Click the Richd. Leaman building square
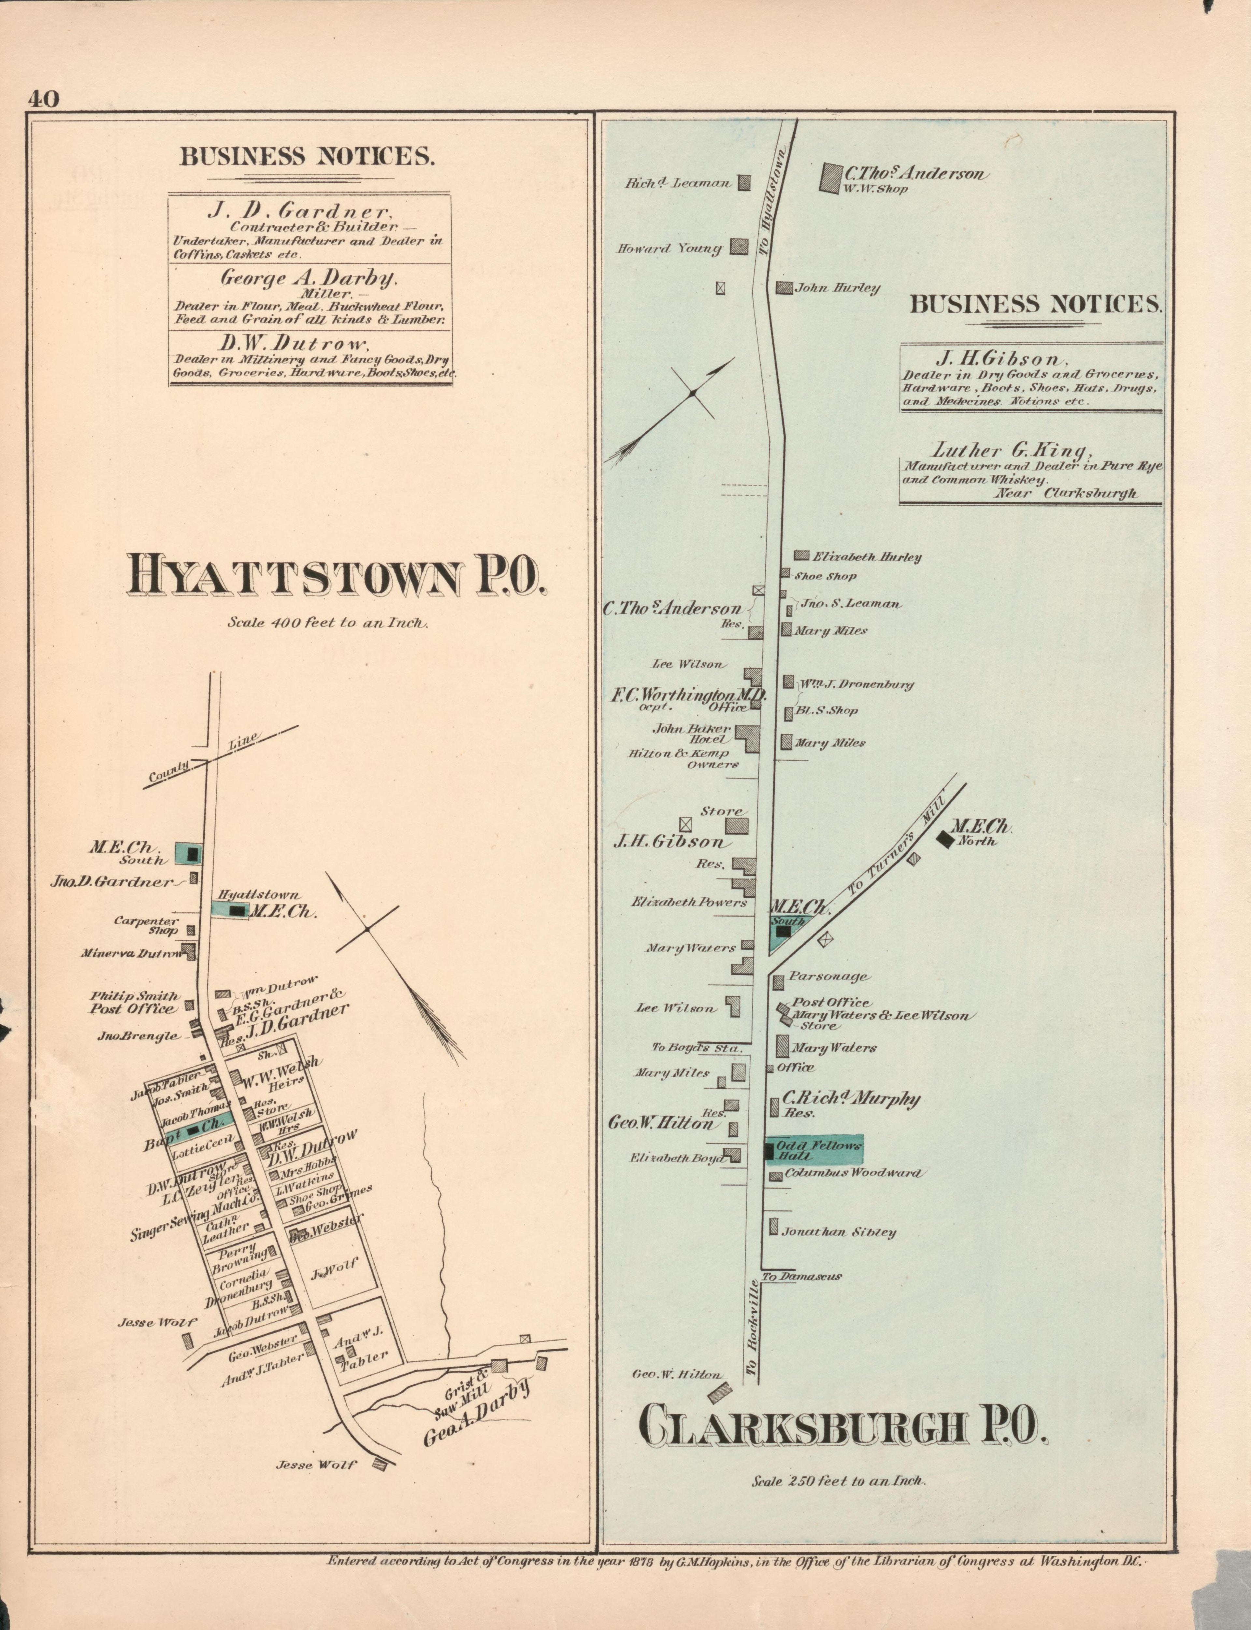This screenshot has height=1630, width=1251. click(744, 182)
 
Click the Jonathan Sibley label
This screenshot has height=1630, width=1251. click(839, 1232)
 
